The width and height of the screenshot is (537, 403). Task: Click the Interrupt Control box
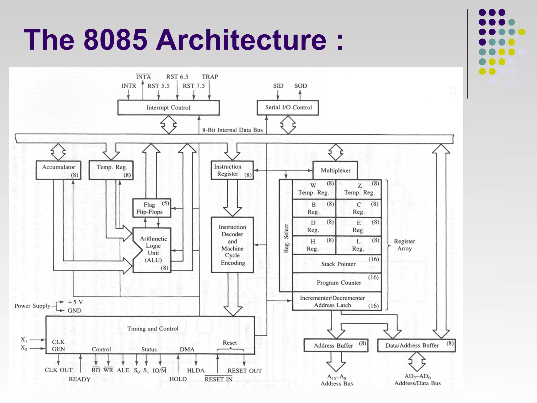click(x=168, y=108)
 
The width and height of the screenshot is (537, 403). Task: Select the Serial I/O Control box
click(x=288, y=108)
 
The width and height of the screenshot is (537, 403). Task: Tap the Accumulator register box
click(x=58, y=170)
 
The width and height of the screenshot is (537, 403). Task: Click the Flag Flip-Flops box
click(x=152, y=208)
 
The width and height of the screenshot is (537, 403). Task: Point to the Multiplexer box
click(x=335, y=171)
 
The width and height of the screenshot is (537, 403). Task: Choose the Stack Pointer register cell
click(x=338, y=264)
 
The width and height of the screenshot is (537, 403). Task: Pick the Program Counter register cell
click(x=339, y=283)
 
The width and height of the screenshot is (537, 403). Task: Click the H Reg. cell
click(x=314, y=245)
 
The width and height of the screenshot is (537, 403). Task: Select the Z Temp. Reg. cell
click(x=359, y=189)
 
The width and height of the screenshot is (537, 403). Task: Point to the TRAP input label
click(x=210, y=77)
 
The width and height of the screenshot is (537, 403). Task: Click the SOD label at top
click(x=300, y=86)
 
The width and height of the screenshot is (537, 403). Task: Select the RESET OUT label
click(x=244, y=370)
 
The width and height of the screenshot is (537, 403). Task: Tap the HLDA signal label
click(x=195, y=370)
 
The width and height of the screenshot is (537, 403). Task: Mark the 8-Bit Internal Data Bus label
click(x=232, y=130)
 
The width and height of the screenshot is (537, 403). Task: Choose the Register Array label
click(x=404, y=245)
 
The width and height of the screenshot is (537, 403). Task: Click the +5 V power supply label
click(x=75, y=302)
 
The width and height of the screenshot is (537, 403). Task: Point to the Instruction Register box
click(x=232, y=170)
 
